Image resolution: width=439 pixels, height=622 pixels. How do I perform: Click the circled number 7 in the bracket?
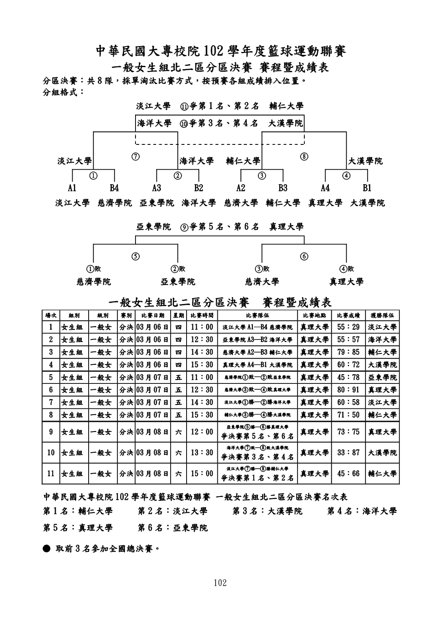[135, 156]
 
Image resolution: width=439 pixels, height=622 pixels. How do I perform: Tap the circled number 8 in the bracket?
[304, 156]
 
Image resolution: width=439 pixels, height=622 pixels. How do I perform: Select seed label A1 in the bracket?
[72, 188]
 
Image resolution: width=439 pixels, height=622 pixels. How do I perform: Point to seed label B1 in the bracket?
[367, 188]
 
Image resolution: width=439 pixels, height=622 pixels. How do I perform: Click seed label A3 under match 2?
[157, 188]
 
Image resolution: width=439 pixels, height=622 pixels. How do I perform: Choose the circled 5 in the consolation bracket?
[135, 256]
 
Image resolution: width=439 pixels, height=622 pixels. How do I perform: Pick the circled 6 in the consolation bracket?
[304, 256]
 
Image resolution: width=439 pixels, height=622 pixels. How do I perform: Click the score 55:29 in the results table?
[348, 327]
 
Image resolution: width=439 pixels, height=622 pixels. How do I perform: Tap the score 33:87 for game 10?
[348, 453]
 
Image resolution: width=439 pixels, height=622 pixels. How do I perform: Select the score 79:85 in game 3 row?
[348, 352]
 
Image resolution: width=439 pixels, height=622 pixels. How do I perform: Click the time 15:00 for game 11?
[202, 474]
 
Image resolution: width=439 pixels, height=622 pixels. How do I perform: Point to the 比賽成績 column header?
[348, 315]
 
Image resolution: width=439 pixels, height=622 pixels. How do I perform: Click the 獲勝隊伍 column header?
[382, 315]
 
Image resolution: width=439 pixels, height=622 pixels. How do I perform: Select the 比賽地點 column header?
[314, 315]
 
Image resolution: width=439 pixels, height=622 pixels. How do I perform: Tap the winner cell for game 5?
[382, 378]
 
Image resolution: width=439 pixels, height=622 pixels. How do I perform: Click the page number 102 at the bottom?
[220, 583]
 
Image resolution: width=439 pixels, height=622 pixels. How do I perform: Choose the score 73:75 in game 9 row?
[348, 432]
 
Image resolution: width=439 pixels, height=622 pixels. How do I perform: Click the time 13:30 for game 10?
[202, 453]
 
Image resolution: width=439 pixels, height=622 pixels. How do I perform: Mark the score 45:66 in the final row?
[348, 474]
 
